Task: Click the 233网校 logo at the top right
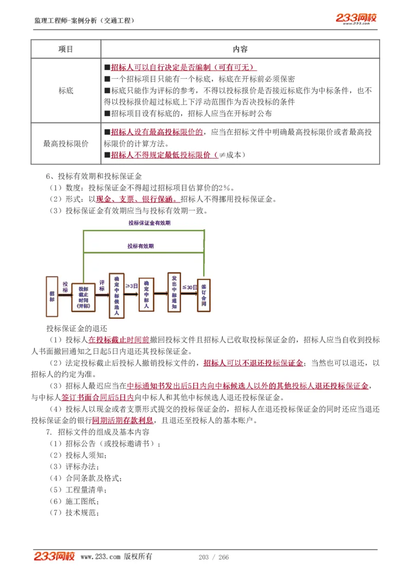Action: click(356, 19)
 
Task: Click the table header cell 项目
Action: click(66, 49)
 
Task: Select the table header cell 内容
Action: click(240, 49)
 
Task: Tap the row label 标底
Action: click(66, 90)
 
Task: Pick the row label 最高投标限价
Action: click(66, 144)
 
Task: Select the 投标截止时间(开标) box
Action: click(83, 298)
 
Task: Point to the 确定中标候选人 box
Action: click(117, 295)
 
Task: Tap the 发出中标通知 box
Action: click(175, 292)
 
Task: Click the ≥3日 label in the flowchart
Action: click(132, 286)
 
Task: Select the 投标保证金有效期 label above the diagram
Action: click(150, 223)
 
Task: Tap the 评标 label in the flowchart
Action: click(102, 286)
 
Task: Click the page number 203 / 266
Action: click(213, 557)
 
